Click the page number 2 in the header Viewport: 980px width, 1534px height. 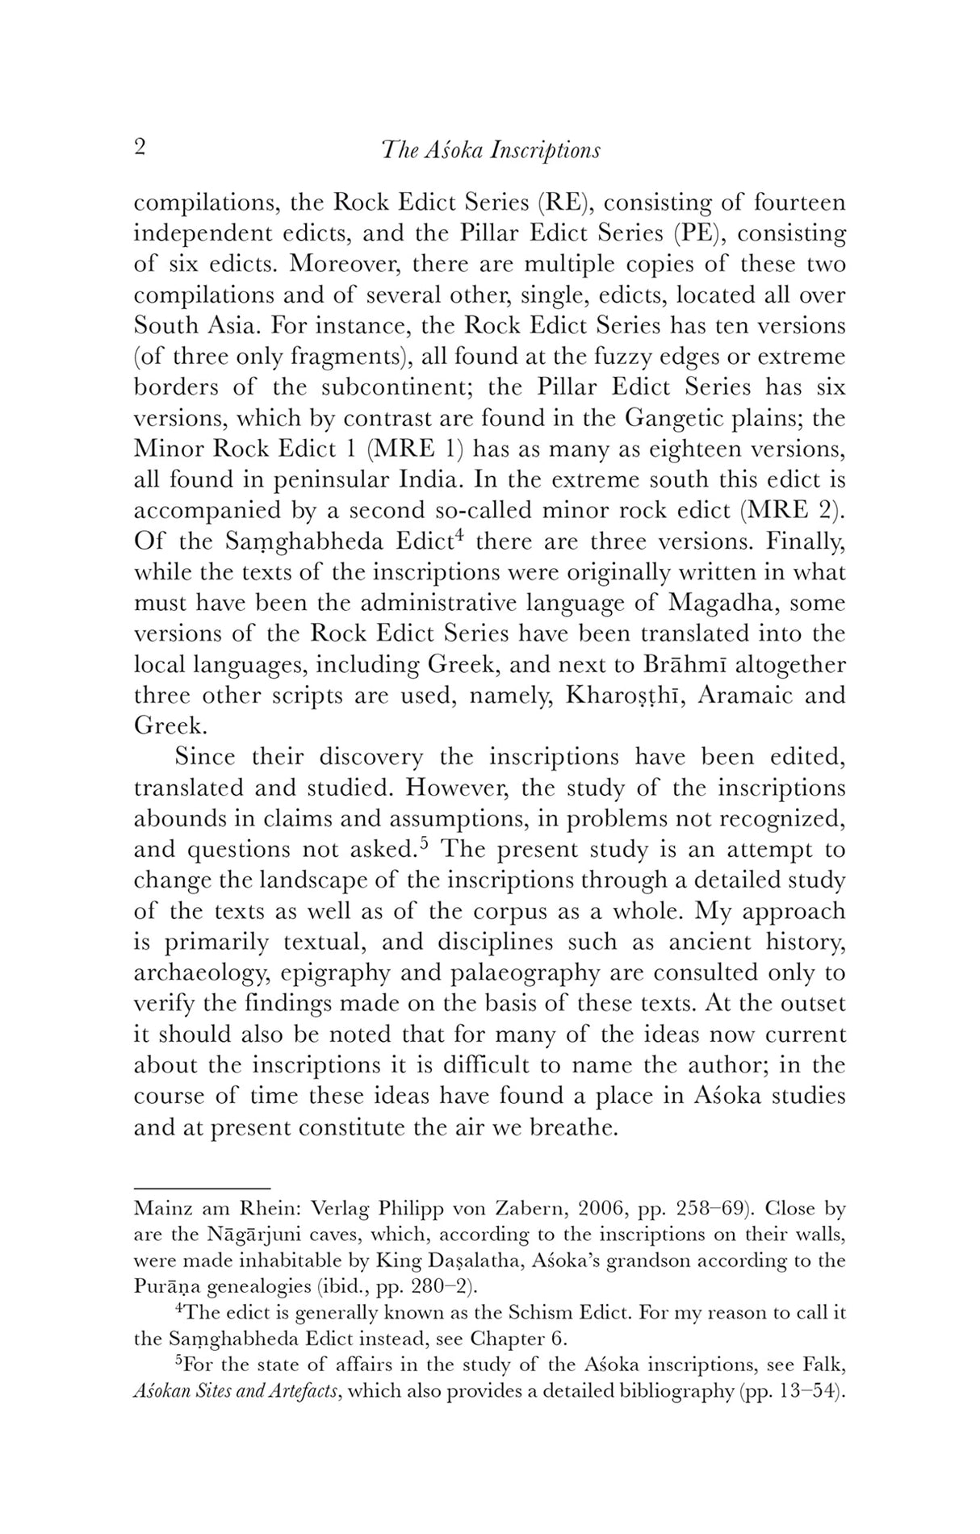[x=140, y=148]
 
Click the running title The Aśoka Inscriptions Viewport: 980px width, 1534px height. [x=491, y=150]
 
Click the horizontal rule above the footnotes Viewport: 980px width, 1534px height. [x=201, y=1188]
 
